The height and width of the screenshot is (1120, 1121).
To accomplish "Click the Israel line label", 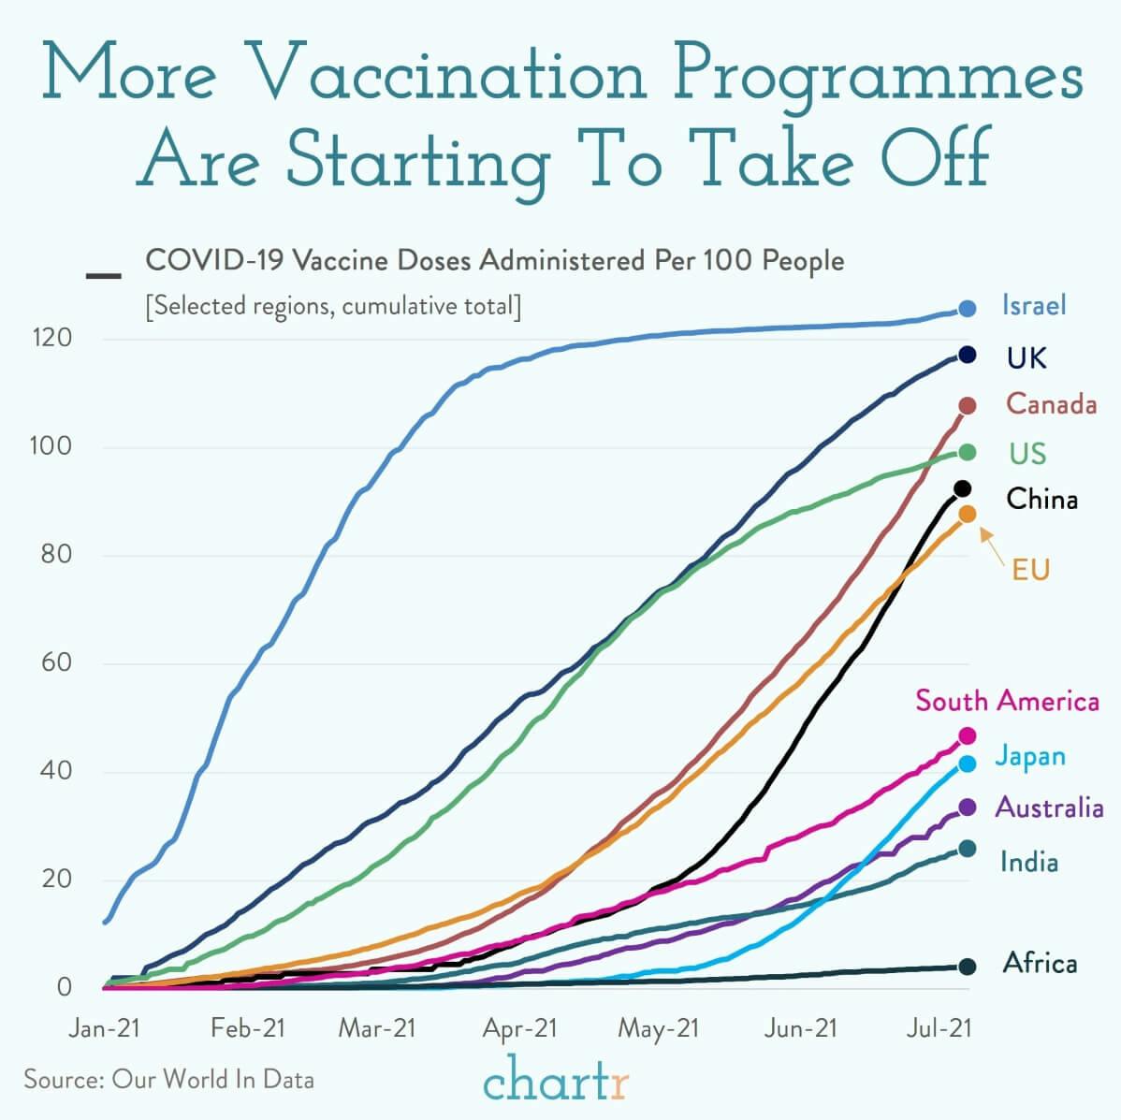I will [1034, 306].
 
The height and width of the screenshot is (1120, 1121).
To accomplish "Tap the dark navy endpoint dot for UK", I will [967, 355].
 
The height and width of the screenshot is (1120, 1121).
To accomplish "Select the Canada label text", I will [1051, 404].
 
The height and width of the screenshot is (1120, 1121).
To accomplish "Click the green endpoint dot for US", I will [967, 453].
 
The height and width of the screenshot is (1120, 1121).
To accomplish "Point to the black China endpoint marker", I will [962, 488].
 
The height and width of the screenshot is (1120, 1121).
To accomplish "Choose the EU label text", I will [1030, 569].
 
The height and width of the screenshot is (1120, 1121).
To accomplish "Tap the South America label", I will [1007, 701].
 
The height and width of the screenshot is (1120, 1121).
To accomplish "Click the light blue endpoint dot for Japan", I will [967, 764].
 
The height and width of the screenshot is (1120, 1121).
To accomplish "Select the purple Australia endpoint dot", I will [967, 807].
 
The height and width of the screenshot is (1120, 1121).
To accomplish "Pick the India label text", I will [1029, 862].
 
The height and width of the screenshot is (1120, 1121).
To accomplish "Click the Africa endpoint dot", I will [967, 967].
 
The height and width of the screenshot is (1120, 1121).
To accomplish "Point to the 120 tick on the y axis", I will [53, 338].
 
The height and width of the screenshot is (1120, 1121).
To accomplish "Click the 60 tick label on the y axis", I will [56, 663].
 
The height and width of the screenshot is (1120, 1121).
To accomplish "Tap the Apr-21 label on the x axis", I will [519, 1029].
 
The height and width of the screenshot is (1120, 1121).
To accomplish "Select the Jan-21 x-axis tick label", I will [104, 1029].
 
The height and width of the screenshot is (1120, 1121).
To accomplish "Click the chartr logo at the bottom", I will [557, 1081].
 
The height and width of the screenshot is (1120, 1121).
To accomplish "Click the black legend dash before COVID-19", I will [103, 276].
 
